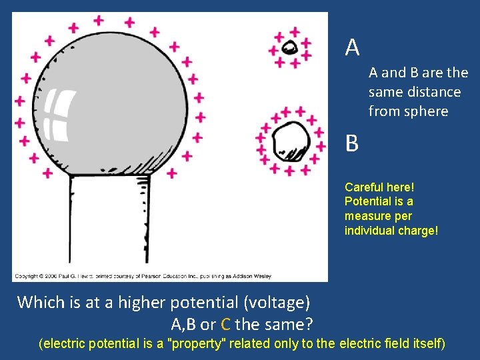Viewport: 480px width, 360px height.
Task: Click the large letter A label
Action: tap(353, 47)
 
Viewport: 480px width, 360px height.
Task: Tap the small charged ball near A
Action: tap(289, 47)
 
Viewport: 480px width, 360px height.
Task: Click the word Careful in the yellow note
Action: tap(364, 187)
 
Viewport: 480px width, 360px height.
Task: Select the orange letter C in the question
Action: tap(225, 325)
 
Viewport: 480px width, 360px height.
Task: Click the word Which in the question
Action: tap(40, 303)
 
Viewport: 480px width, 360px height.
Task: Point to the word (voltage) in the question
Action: tap(277, 303)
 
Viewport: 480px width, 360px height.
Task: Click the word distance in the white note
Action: tap(434, 92)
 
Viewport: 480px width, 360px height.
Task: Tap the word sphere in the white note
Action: tap(426, 111)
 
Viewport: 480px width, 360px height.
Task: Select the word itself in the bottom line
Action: tap(427, 344)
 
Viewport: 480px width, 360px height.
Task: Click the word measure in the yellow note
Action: tap(365, 216)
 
